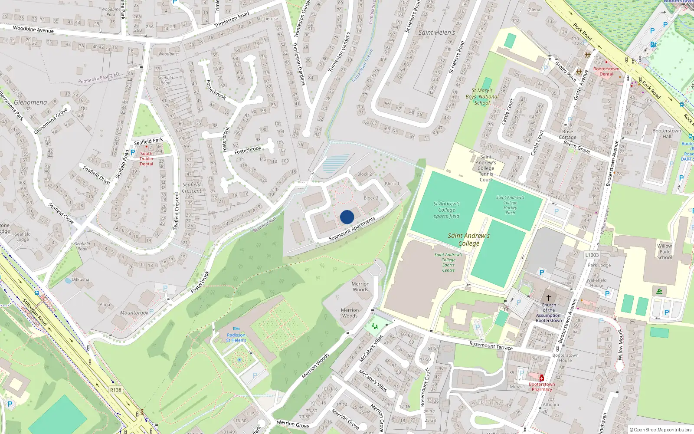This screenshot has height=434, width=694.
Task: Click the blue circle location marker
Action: tap(347, 217)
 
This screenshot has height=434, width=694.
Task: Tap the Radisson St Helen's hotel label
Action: tap(236, 338)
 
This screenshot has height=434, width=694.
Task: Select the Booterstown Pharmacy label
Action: tap(542, 387)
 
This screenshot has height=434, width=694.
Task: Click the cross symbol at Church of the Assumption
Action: tap(549, 297)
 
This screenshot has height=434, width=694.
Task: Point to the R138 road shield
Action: tap(116, 390)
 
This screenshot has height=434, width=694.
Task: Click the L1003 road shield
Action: tap(592, 255)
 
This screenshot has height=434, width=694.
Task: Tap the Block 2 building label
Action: tap(364, 174)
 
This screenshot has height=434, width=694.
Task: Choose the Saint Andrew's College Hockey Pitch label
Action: tap(510, 205)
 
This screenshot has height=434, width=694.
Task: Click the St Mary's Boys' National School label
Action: tap(482, 97)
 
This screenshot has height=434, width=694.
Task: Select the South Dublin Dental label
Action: tap(146, 158)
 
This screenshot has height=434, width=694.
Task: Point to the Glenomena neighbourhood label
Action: tap(30, 102)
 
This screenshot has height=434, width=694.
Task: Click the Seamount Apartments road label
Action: tap(352, 229)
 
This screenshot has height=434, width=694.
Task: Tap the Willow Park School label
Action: tap(665, 252)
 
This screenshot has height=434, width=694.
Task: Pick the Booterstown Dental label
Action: tap(606, 72)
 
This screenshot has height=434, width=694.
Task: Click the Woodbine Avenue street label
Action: tap(33, 30)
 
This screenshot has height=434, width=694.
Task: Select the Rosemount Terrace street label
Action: tap(491, 346)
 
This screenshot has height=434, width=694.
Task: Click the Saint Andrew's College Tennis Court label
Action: tap(486, 168)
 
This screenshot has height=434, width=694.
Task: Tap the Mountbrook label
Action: tap(134, 312)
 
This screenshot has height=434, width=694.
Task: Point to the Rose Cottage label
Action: tap(567, 135)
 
